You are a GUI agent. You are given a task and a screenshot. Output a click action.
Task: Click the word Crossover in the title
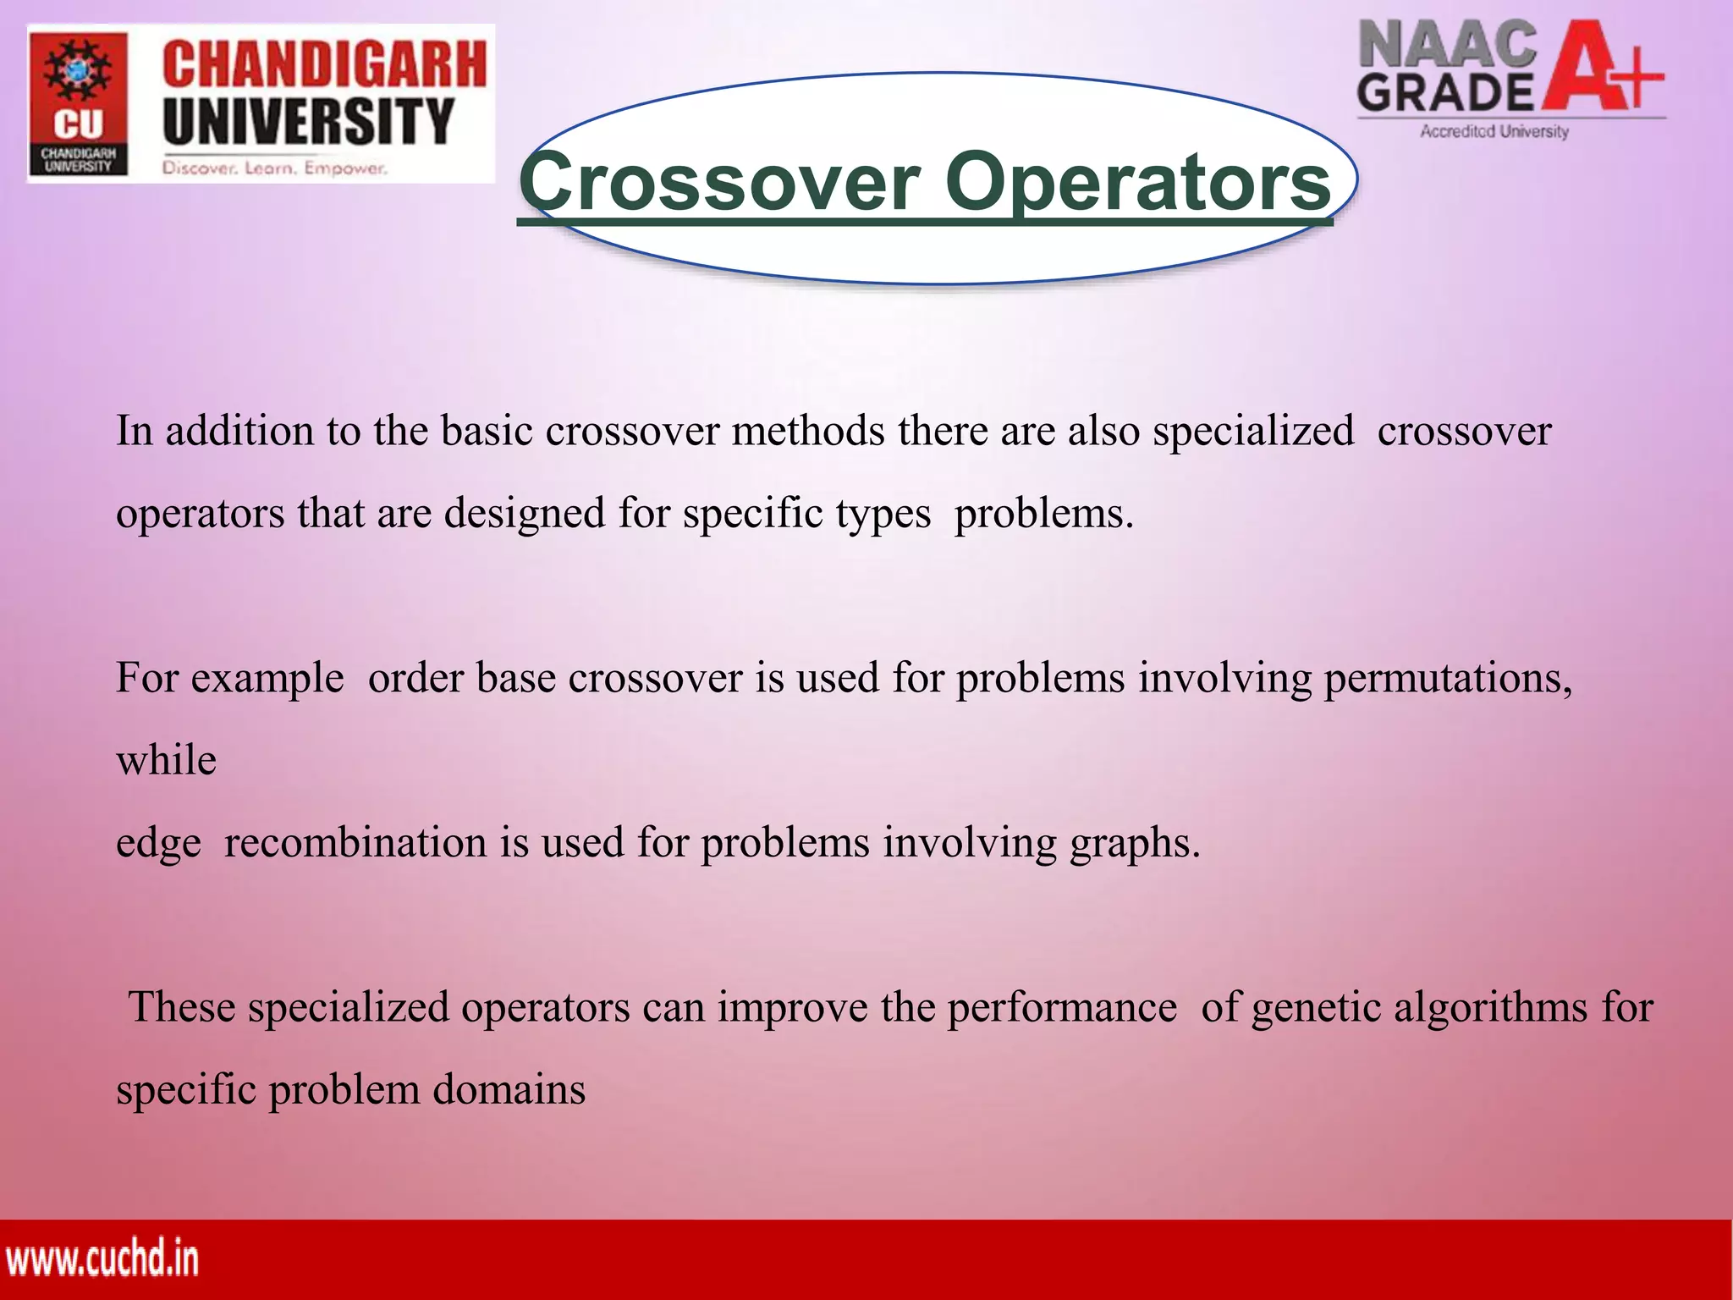[719, 182]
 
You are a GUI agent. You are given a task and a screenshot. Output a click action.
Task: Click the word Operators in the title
[1138, 182]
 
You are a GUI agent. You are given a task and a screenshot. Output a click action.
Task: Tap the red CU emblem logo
[78, 103]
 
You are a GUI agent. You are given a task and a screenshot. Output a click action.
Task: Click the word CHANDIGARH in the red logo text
[324, 65]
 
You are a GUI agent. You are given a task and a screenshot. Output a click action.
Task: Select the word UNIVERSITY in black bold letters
[309, 121]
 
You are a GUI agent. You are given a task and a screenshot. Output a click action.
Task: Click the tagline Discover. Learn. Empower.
[275, 168]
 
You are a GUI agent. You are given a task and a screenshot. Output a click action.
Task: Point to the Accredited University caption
[1494, 131]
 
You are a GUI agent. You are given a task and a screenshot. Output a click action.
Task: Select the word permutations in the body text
[1447, 679]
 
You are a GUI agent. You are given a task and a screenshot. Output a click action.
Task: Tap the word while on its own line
[167, 760]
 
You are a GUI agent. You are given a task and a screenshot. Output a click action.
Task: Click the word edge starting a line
[158, 844]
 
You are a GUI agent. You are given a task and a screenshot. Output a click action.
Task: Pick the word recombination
[355, 843]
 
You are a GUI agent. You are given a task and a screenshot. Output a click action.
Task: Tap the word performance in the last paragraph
[1061, 1008]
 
